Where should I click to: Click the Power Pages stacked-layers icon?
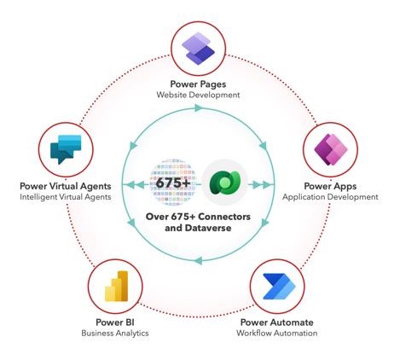pos(198,49)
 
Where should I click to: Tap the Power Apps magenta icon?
pos(331,149)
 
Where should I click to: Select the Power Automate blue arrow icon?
pos(279,287)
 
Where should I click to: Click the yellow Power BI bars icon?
pos(117,286)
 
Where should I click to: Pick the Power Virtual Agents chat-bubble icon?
pos(66,149)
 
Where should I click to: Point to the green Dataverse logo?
pos(225,183)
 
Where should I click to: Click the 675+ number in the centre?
pos(173,183)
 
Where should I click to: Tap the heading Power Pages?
pos(198,84)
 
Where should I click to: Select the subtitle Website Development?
pos(198,95)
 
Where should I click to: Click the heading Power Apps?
pos(330,186)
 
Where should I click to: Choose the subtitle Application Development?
pos(330,197)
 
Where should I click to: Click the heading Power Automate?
pos(277,322)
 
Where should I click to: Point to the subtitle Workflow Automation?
pos(277,333)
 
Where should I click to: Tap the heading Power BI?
pos(115,322)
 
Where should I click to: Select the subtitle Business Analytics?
pos(115,333)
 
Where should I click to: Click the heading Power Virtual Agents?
pos(66,186)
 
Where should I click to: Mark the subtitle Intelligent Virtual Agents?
pos(66,197)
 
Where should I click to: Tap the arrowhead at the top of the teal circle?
pos(199,107)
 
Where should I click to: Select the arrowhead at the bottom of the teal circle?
pos(199,260)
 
